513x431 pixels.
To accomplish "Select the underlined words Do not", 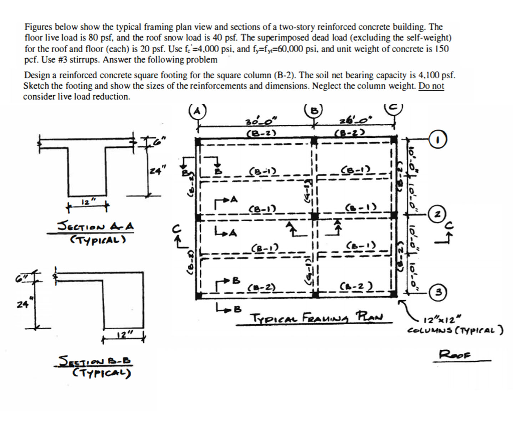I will (431, 86).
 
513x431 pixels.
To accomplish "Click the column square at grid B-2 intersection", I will (315, 216).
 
